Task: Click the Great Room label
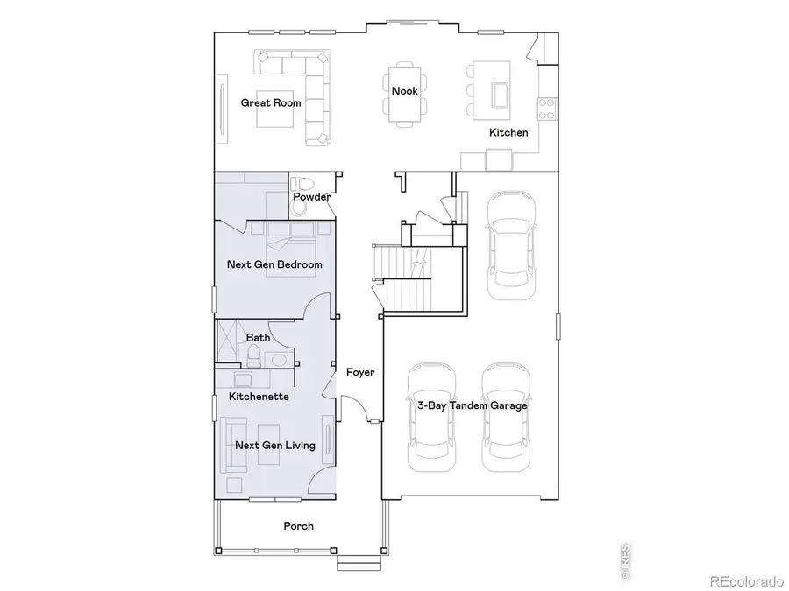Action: (x=271, y=103)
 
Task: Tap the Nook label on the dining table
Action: (x=404, y=91)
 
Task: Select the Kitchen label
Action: (x=508, y=133)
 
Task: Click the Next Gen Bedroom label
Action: (x=274, y=264)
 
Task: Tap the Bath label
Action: (x=258, y=337)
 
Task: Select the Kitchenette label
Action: (x=259, y=397)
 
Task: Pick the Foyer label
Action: (x=359, y=373)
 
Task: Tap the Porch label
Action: (x=298, y=526)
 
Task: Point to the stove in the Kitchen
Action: (x=547, y=108)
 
